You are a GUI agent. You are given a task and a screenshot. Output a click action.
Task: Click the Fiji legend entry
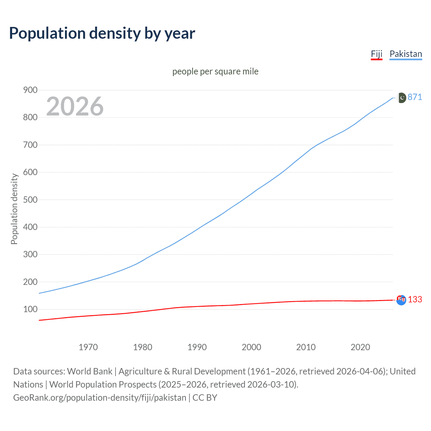point(376,54)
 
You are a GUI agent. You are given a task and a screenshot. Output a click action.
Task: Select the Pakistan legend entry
point(405,54)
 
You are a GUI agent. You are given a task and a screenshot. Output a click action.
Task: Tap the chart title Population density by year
point(102,33)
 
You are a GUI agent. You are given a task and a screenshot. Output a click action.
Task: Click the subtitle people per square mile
point(215,71)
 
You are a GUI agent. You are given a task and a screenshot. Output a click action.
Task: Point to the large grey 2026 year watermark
point(75,106)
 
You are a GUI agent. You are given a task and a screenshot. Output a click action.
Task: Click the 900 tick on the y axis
point(30,90)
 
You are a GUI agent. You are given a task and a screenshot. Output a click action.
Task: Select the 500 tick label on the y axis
point(30,200)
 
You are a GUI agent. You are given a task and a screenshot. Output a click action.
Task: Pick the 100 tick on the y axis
point(30,309)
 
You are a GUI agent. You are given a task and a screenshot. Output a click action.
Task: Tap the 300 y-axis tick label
point(30,255)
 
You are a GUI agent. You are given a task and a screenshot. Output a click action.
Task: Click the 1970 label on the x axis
point(88,347)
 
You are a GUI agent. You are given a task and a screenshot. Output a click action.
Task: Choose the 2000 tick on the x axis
point(251,347)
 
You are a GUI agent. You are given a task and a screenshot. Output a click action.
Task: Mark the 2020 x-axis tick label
point(360,347)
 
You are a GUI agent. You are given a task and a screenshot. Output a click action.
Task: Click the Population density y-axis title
point(14,209)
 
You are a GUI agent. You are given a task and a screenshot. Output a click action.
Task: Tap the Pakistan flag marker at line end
point(401,98)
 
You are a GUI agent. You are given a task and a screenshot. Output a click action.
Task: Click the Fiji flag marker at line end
point(401,300)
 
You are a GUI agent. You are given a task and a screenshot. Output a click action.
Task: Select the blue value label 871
point(415,97)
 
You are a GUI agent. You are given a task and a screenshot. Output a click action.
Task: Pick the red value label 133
point(415,299)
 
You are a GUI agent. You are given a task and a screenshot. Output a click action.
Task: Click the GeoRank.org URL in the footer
point(100,398)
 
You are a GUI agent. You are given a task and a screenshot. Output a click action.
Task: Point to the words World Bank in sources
point(90,371)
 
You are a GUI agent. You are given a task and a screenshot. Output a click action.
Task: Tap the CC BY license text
point(205,398)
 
